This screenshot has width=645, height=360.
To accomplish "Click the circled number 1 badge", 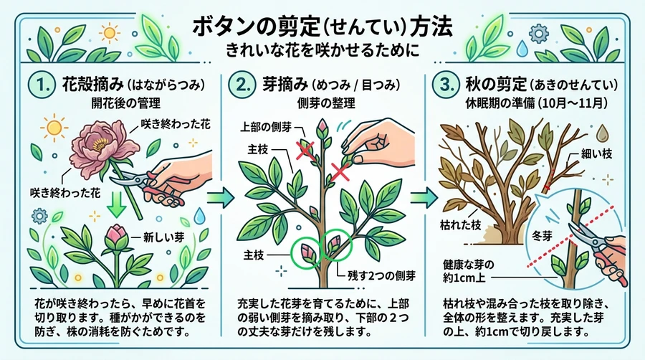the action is click(42, 85).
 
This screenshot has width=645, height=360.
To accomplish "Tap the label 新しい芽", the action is click(163, 237).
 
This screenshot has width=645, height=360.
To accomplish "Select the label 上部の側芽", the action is click(266, 127).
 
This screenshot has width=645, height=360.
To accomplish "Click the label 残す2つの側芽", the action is click(381, 275).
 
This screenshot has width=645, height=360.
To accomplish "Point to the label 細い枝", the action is click(596, 154).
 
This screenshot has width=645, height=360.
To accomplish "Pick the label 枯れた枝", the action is click(460, 224).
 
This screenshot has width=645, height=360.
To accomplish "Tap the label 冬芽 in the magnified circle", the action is click(541, 236).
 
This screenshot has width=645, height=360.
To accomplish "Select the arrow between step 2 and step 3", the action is click(424, 197).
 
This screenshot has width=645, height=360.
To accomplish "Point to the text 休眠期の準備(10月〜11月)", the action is click(536, 103).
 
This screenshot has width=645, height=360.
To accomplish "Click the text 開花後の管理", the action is click(126, 103).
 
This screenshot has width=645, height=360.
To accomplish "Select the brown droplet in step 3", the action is click(602, 133).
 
